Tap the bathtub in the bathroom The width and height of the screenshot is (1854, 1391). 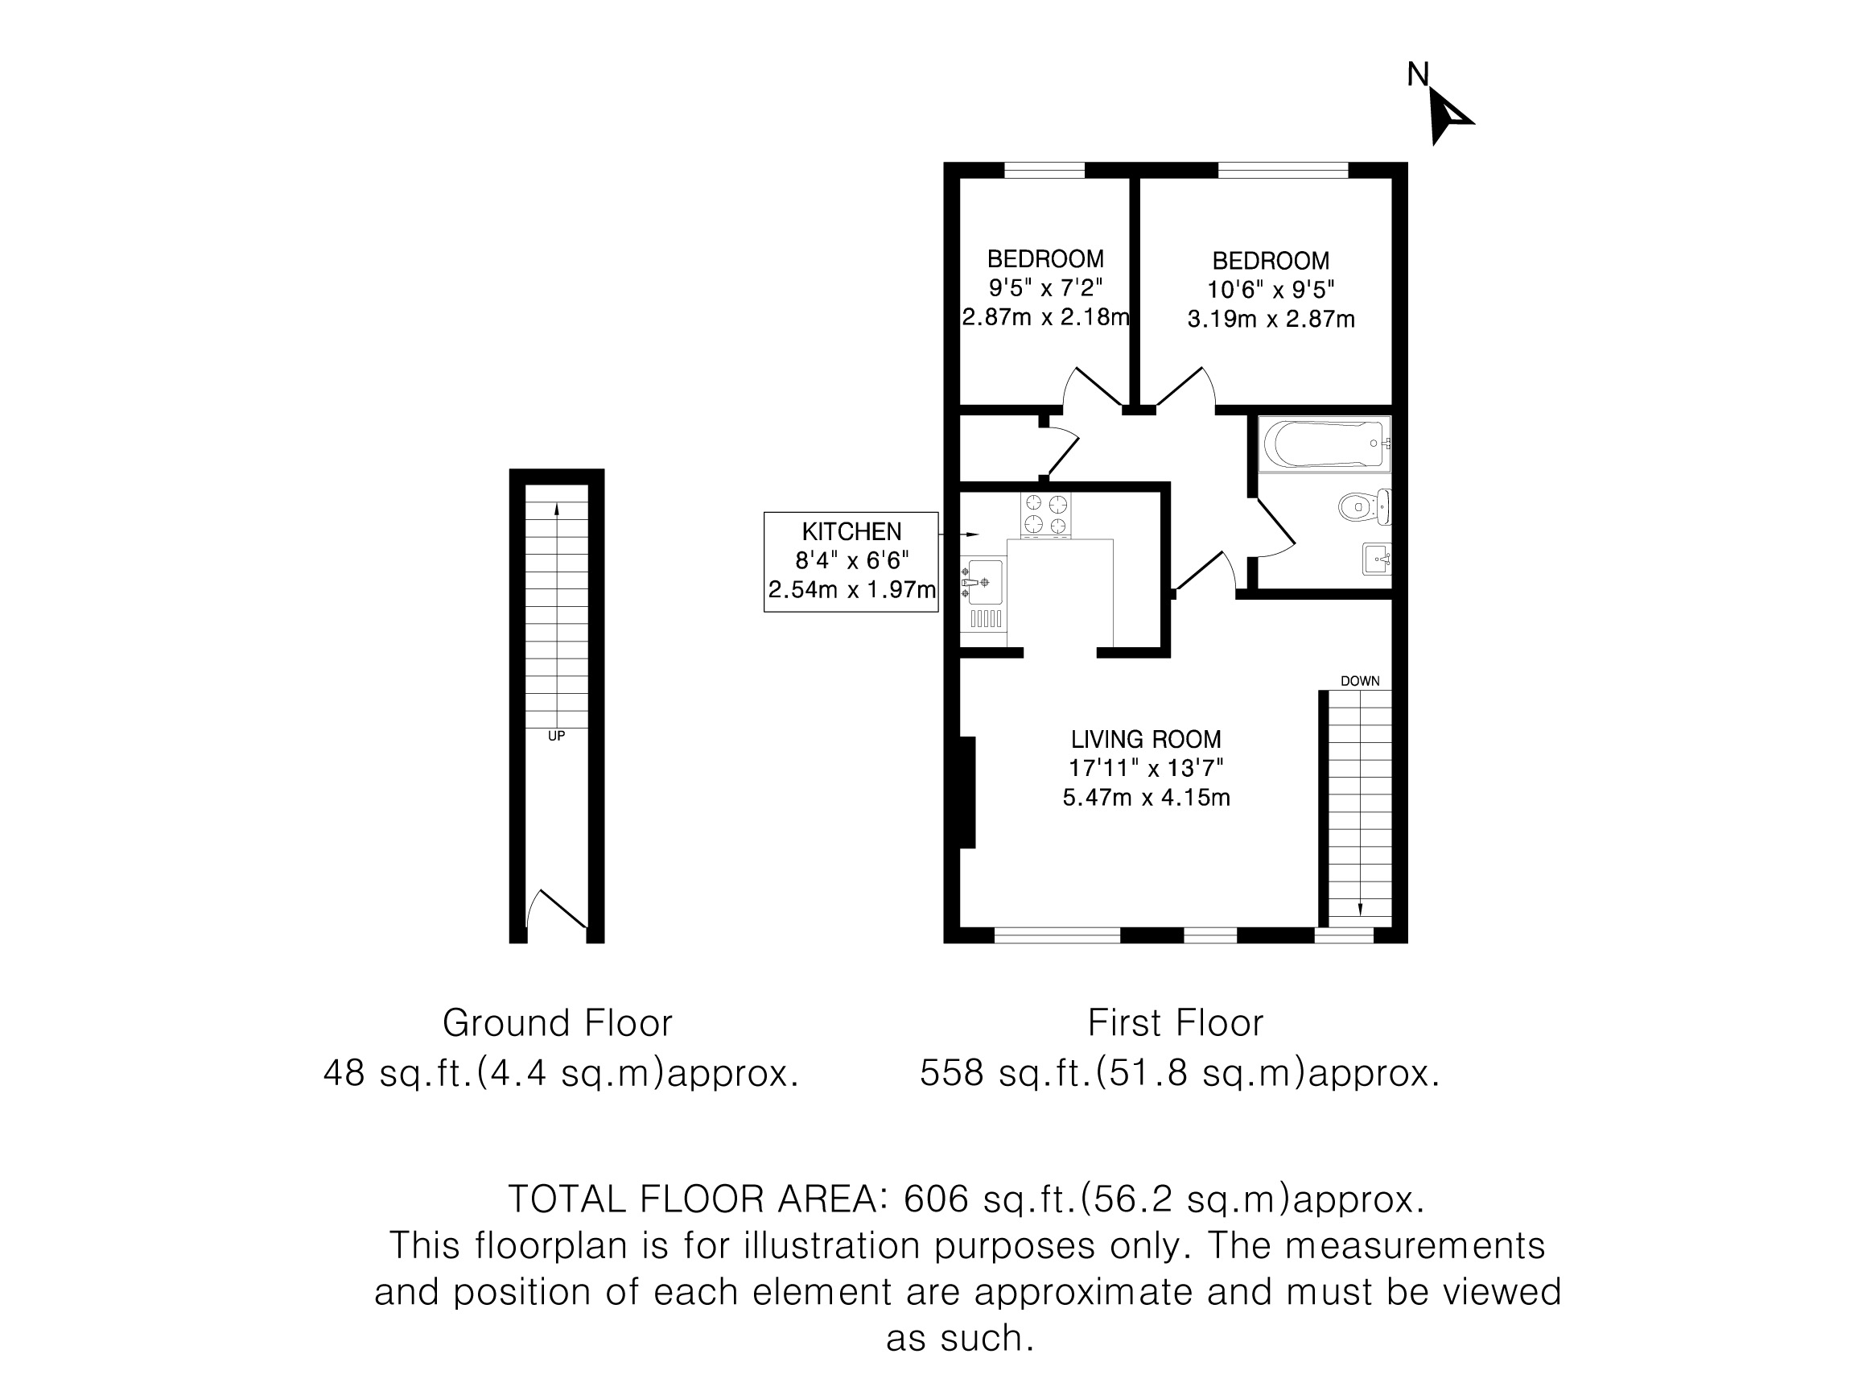(1325, 444)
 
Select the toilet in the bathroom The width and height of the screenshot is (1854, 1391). (1365, 507)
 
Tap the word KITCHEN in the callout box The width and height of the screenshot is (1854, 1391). (851, 531)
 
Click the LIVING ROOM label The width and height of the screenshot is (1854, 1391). (1146, 740)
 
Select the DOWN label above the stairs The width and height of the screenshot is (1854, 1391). (1359, 681)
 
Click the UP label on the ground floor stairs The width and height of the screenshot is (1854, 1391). (557, 737)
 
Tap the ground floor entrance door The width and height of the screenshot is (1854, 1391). (557, 910)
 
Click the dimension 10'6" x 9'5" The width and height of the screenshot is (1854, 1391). (1271, 290)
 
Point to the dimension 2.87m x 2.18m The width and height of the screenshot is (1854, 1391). (1046, 317)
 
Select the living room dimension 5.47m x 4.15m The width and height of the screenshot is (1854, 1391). (1146, 798)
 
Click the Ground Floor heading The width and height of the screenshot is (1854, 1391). (558, 1023)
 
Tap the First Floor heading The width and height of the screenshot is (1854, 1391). (1175, 1023)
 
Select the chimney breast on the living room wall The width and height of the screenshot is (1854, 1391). (967, 792)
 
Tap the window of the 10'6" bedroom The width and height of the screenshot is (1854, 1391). (1283, 170)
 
